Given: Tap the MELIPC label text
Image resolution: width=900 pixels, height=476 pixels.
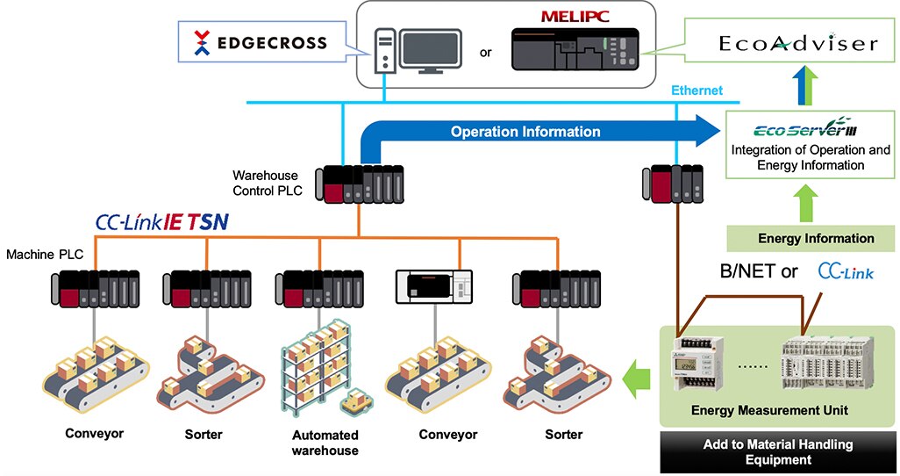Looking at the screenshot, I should point(575,17).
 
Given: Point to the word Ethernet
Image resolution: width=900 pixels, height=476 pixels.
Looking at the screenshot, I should point(696,90).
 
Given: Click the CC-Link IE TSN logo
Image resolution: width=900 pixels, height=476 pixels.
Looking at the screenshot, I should point(164,223).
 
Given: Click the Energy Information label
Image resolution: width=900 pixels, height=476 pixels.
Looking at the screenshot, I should point(816,238).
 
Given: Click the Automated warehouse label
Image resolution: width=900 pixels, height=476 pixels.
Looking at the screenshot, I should point(325,443).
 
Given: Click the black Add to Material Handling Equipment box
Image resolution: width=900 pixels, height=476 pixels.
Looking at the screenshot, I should point(778,451).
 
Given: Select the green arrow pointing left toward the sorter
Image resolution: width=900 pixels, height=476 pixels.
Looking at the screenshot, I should point(638,379).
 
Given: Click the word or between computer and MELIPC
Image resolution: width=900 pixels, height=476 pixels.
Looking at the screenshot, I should point(485,53).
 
